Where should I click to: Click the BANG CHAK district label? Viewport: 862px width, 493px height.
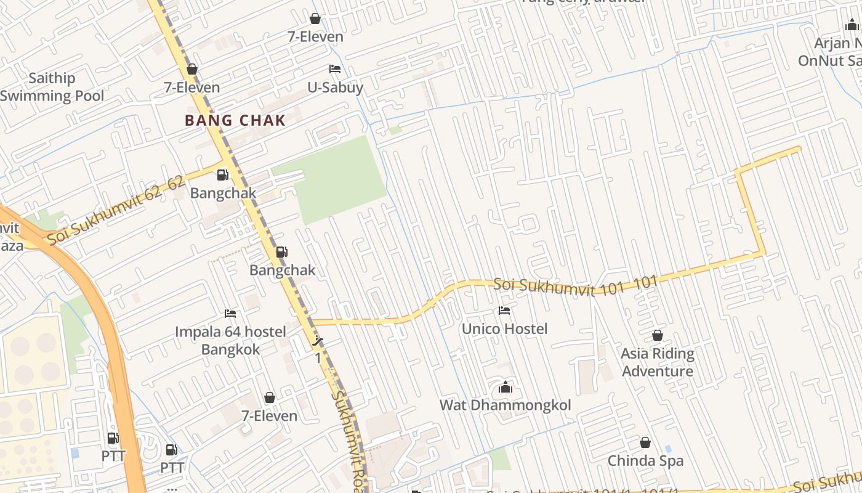(x=236, y=120)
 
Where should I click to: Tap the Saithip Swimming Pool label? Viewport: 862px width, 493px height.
(x=52, y=87)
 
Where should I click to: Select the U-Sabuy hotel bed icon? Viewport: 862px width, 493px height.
(x=335, y=68)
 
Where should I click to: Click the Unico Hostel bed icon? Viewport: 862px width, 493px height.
(x=504, y=311)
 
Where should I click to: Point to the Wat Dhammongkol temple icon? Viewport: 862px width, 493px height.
(x=506, y=387)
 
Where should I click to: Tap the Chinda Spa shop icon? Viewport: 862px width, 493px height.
(x=645, y=442)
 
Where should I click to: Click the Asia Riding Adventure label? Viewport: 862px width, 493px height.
(x=658, y=362)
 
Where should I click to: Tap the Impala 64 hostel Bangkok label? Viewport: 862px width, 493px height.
(x=230, y=340)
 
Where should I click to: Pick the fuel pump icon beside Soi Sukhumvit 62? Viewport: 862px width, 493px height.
(x=222, y=175)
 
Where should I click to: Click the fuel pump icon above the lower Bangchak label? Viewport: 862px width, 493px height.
(x=281, y=251)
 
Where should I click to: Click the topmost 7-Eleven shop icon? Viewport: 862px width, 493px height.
(x=315, y=18)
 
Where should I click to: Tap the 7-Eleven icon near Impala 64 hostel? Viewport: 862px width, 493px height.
(x=269, y=397)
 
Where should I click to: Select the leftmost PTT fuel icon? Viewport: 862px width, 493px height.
(x=113, y=438)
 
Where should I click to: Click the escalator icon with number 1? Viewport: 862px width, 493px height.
(x=318, y=343)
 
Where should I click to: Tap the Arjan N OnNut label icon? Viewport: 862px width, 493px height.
(x=852, y=25)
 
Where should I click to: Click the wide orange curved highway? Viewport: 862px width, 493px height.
(x=105, y=320)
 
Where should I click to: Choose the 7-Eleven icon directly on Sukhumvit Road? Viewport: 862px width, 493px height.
(x=192, y=69)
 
